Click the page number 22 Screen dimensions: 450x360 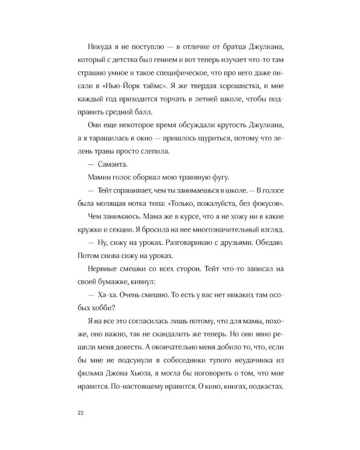(80, 413)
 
